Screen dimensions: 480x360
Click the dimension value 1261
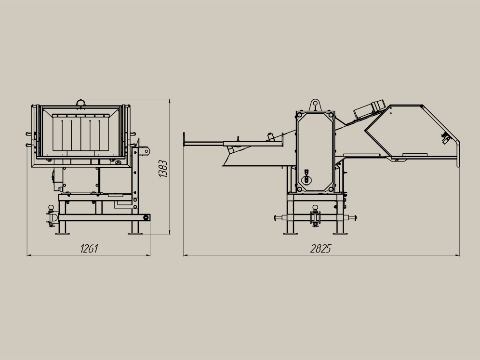point(89,249)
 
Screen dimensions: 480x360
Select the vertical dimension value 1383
point(163,168)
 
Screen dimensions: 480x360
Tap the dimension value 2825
point(320,249)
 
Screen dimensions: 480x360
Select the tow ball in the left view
point(51,208)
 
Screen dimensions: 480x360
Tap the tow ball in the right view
point(315,208)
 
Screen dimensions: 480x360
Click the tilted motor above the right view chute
point(369,108)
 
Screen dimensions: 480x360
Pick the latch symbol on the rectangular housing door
point(306,177)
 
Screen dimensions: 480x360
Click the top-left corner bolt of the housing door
point(300,115)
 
